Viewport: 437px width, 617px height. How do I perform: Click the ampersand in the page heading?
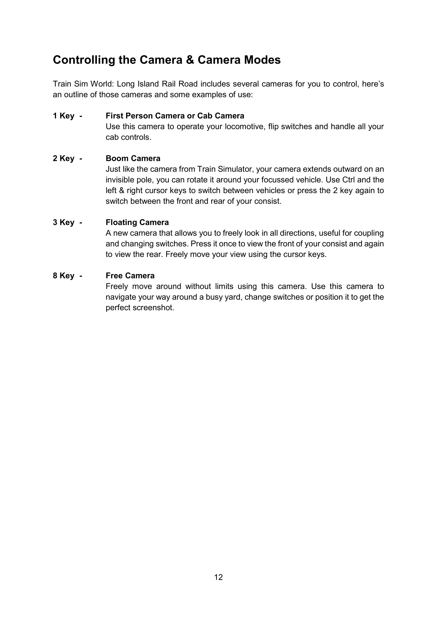190,60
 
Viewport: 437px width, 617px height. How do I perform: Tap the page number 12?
218,577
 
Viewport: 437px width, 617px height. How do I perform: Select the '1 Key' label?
63,116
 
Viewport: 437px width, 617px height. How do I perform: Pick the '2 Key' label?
63,159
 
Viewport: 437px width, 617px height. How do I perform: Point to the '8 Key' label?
63,276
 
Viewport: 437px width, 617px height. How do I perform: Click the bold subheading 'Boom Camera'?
133,159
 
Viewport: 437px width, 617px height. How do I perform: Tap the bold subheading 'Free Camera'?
130,276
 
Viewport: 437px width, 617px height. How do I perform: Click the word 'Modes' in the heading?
262,60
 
